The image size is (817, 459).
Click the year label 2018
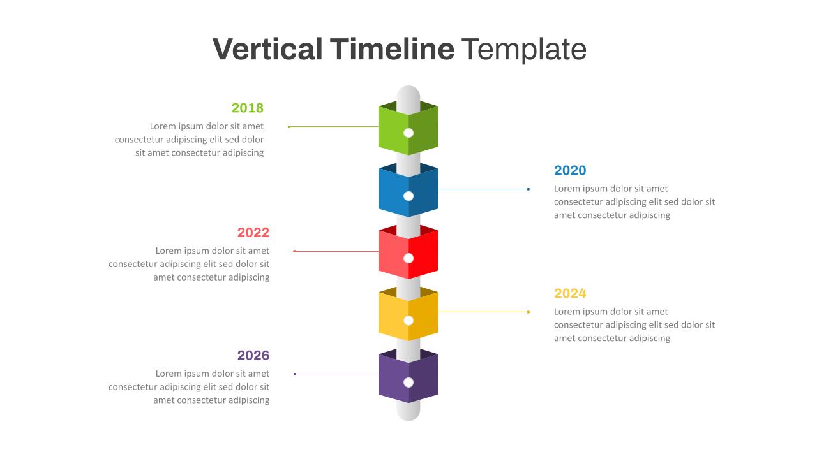coord(247,108)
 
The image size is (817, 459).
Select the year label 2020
coord(570,170)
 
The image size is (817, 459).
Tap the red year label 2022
coord(253,233)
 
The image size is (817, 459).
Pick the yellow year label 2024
coord(570,293)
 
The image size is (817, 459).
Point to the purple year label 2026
coord(253,356)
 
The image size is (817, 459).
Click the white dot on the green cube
coord(408,133)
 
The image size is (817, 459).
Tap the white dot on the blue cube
coord(408,196)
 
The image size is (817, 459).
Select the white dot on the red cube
coord(408,258)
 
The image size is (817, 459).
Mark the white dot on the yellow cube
coord(408,320)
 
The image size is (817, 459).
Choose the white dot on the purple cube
coord(408,382)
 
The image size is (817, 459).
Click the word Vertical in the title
coord(267,49)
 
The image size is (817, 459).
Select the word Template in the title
coord(523,49)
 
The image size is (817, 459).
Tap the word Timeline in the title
coord(392,49)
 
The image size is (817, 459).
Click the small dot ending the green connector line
coord(289,127)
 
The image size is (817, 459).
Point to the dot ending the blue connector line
coord(528,189)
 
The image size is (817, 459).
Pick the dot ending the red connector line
coord(294,251)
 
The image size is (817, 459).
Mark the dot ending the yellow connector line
coord(528,312)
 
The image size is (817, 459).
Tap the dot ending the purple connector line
coord(294,374)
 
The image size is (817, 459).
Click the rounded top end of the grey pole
coord(408,93)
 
